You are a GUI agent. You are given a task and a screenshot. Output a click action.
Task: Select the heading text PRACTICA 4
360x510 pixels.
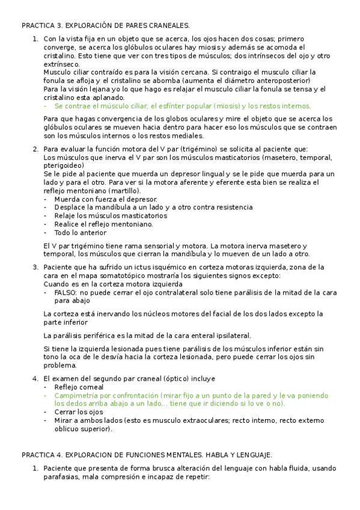pos(41,455)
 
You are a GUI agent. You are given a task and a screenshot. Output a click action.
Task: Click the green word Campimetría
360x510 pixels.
pos(76,396)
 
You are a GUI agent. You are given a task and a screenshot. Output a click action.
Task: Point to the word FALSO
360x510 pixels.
pos(66,292)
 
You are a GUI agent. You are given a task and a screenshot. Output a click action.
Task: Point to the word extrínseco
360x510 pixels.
pos(61,64)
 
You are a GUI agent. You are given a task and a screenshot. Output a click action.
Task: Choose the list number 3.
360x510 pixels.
pos(35,267)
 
